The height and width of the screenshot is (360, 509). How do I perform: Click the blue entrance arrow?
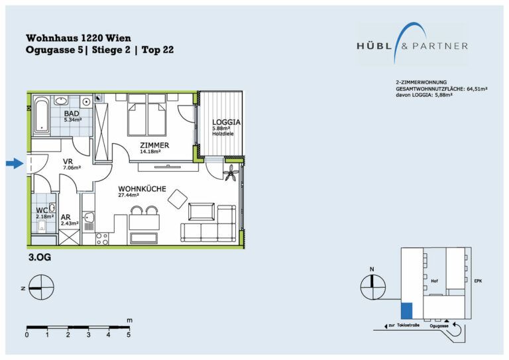(x=15, y=163)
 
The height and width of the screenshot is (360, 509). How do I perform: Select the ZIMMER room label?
(x=154, y=145)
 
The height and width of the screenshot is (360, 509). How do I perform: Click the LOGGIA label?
(x=226, y=122)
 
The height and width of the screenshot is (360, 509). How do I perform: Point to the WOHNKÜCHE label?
(x=142, y=189)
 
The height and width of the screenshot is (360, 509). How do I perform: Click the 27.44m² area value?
(x=129, y=196)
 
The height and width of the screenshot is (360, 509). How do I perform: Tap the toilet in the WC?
(x=42, y=226)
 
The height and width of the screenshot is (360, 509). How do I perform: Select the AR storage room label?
(x=66, y=217)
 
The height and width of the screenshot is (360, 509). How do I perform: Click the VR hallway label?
(x=68, y=161)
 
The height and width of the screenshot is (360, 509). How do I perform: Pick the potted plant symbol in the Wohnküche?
(x=232, y=173)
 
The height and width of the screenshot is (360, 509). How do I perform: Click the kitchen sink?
(x=88, y=217)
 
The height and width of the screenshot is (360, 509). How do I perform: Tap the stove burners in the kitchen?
(x=102, y=239)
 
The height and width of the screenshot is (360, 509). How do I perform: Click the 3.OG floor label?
(x=40, y=258)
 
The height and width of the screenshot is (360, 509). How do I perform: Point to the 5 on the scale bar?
(x=129, y=334)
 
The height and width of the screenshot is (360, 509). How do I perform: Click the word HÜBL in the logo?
(x=374, y=46)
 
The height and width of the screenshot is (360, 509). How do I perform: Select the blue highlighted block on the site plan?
(x=407, y=311)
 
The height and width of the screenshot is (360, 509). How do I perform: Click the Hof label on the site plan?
(x=434, y=281)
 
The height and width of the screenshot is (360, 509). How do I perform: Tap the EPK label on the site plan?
(x=478, y=281)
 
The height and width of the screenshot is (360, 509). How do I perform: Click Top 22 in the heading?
(x=158, y=50)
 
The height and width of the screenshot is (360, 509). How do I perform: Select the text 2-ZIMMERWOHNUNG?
(x=422, y=82)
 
